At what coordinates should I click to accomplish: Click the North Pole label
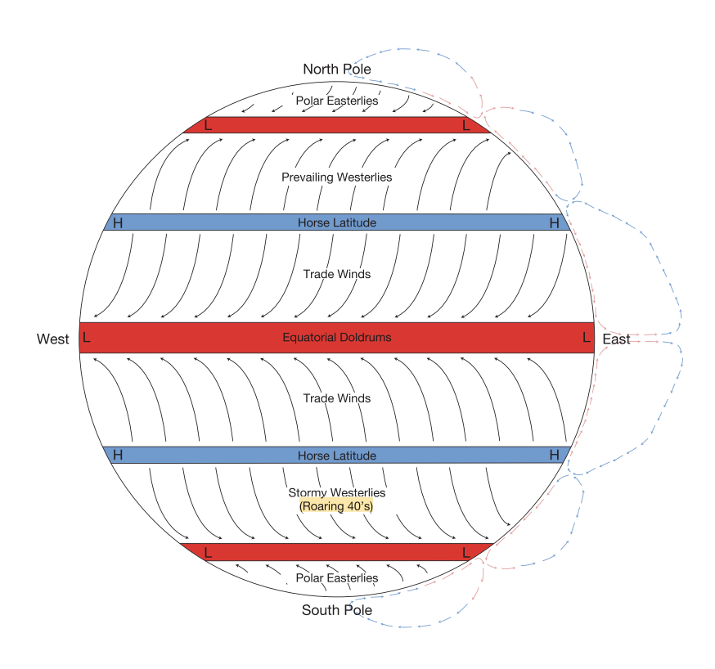[336, 70]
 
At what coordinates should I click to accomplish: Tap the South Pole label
[336, 610]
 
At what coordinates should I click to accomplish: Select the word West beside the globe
[52, 339]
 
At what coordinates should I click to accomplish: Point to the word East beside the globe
[616, 339]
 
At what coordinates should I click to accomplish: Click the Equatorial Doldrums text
[336, 337]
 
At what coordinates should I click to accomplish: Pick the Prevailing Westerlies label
[336, 177]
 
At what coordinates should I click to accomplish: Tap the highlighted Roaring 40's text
[336, 507]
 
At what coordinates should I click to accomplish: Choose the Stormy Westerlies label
[336, 493]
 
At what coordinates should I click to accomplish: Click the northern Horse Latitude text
[336, 222]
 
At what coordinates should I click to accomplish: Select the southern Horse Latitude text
[336, 456]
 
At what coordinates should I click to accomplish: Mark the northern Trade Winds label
[336, 274]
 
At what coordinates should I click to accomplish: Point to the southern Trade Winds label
[336, 398]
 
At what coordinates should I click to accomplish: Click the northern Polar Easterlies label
[336, 101]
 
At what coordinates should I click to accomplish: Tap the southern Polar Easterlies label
[336, 578]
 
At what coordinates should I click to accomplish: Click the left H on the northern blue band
[118, 222]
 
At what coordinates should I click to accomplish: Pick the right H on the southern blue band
[555, 455]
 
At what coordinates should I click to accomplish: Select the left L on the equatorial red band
[87, 337]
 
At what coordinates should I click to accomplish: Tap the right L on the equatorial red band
[586, 337]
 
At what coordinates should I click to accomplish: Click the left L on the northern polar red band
[208, 125]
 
